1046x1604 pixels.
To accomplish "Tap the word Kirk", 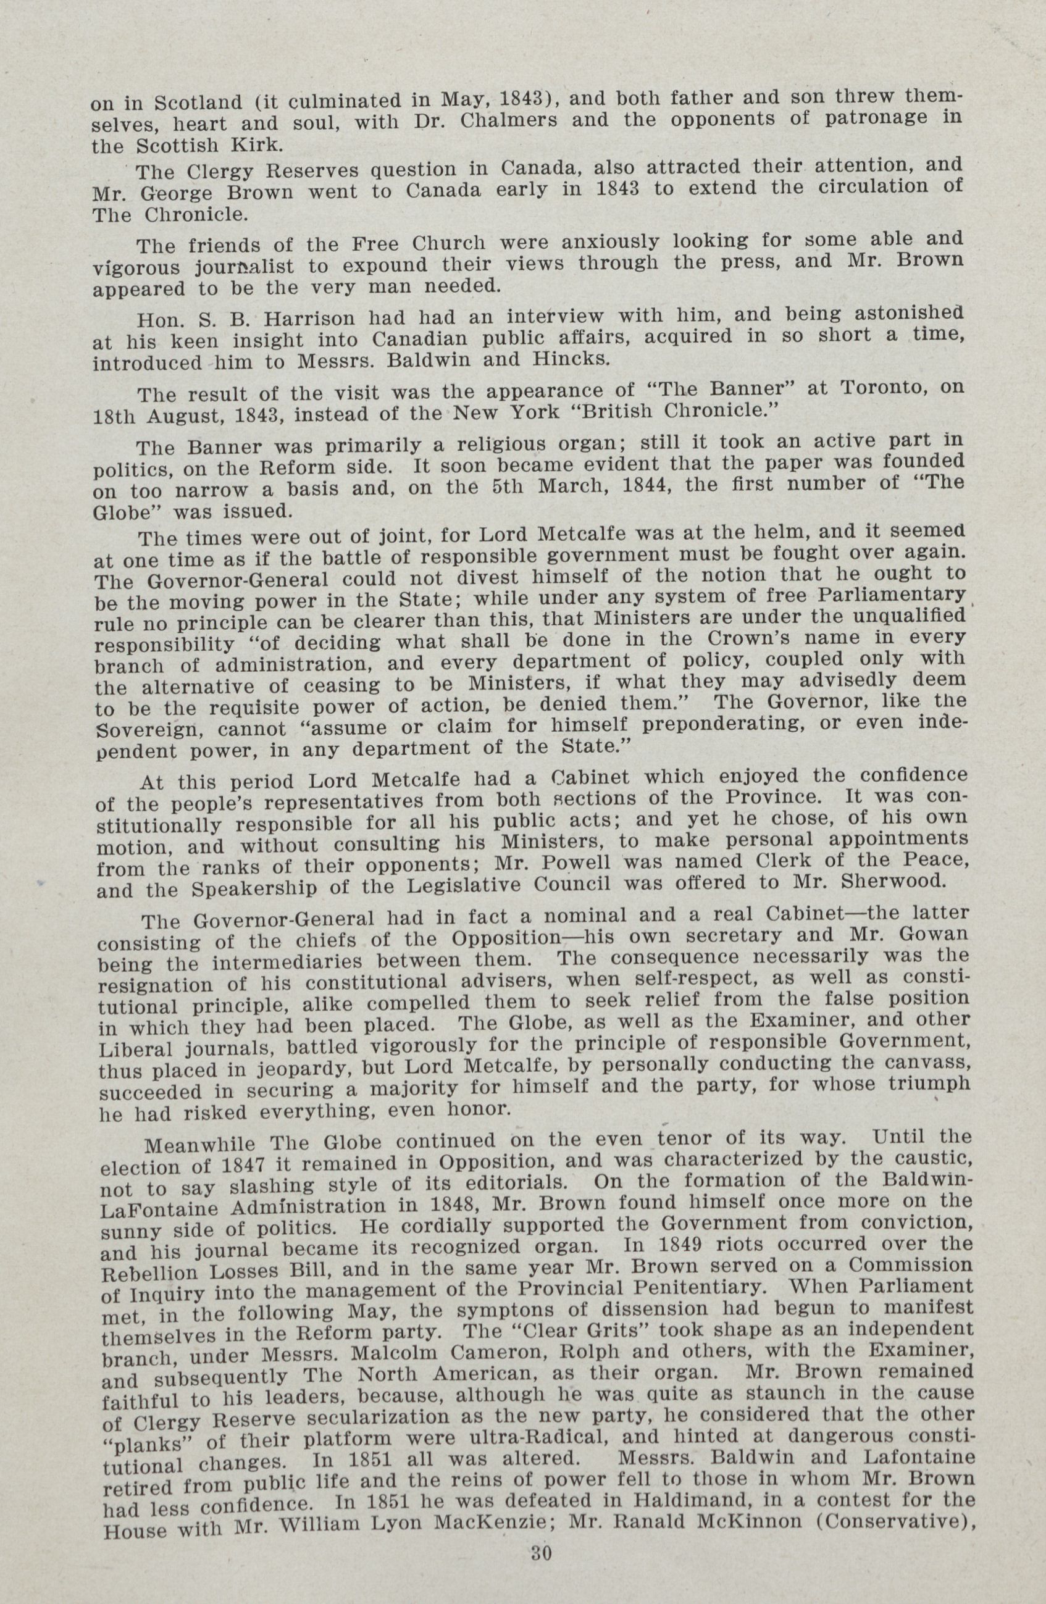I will (259, 145).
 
